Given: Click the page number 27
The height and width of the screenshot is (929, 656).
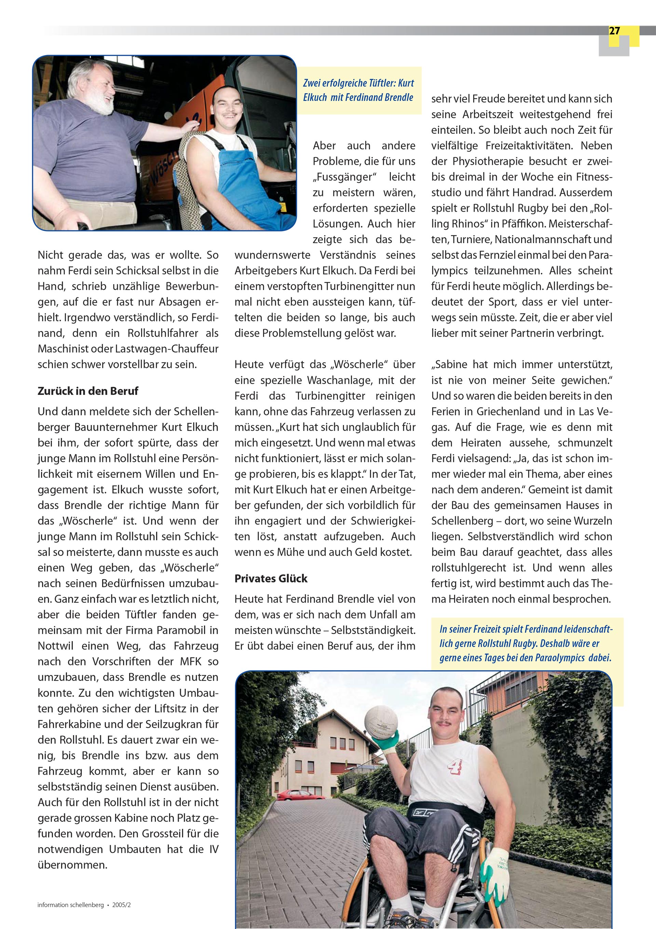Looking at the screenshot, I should [x=614, y=31].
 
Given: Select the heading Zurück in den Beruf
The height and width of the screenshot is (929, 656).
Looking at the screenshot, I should [x=88, y=391].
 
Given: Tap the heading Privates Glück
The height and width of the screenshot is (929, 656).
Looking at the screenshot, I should [x=271, y=578].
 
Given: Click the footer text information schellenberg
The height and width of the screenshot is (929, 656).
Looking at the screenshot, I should [x=70, y=905].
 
